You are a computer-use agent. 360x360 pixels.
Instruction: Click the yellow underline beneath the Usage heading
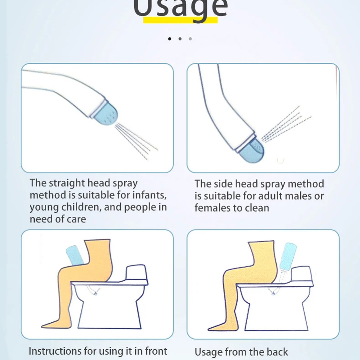coord(180,20)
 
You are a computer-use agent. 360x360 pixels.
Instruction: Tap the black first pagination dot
coord(170,39)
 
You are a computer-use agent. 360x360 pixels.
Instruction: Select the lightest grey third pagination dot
coord(190,39)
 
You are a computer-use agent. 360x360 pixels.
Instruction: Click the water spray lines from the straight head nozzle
coord(136,141)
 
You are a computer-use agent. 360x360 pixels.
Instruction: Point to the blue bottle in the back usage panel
coord(288,257)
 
